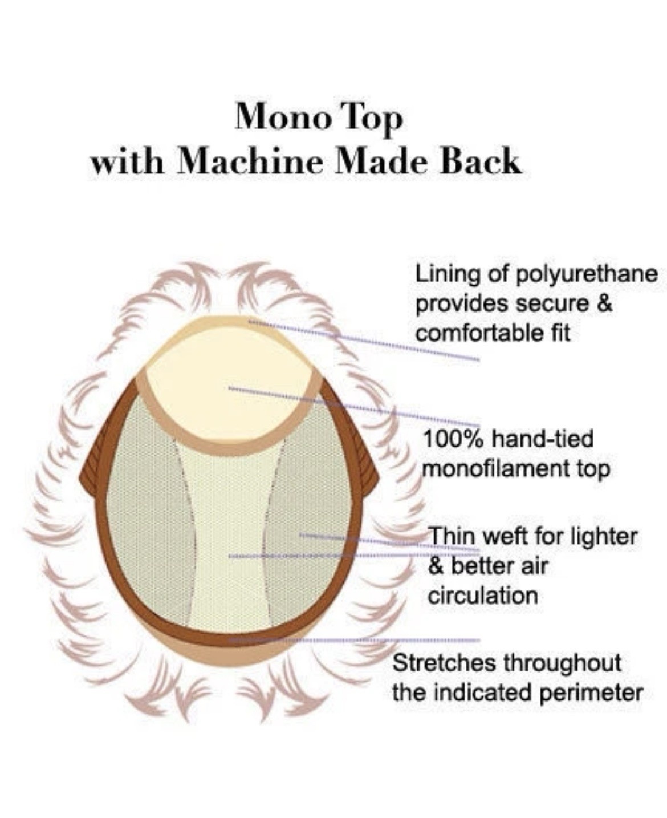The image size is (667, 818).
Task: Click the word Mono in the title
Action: (x=283, y=117)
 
